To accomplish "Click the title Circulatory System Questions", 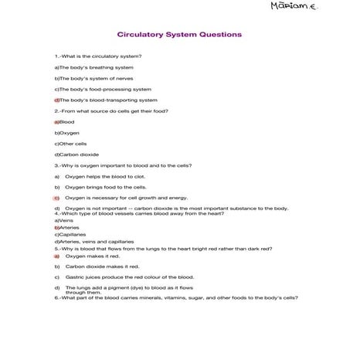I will (x=179, y=35).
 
